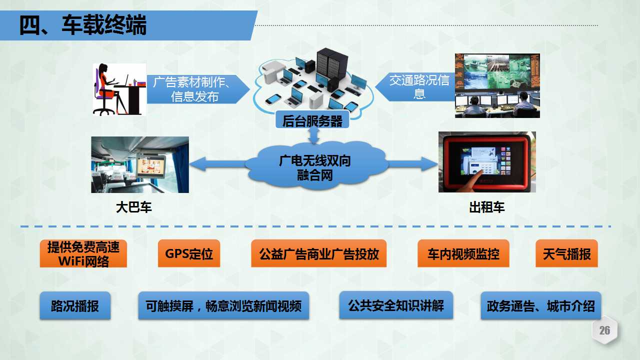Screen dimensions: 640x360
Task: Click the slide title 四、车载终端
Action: (83, 25)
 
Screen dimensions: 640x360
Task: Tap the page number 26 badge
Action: (604, 330)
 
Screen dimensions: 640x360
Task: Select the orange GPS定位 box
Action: (189, 253)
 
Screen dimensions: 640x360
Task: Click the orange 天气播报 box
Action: (566, 253)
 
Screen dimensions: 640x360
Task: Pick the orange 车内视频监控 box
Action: (463, 253)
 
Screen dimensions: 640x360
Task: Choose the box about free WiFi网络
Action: (83, 253)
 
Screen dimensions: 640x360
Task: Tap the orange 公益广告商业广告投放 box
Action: (319, 253)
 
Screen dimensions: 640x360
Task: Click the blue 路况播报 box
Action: (75, 305)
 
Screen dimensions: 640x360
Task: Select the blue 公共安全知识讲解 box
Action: (396, 305)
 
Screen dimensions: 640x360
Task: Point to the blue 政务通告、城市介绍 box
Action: (541, 305)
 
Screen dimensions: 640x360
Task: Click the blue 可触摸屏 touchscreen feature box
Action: (223, 305)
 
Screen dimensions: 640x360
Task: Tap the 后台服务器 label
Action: (312, 120)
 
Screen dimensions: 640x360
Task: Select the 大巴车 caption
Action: (133, 207)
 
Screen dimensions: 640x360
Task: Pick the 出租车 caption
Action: (487, 207)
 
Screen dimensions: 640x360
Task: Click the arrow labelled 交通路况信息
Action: (415, 87)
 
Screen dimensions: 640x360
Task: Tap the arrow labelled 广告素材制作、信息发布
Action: (198, 89)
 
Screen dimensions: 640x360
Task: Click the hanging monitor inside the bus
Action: (151, 165)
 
